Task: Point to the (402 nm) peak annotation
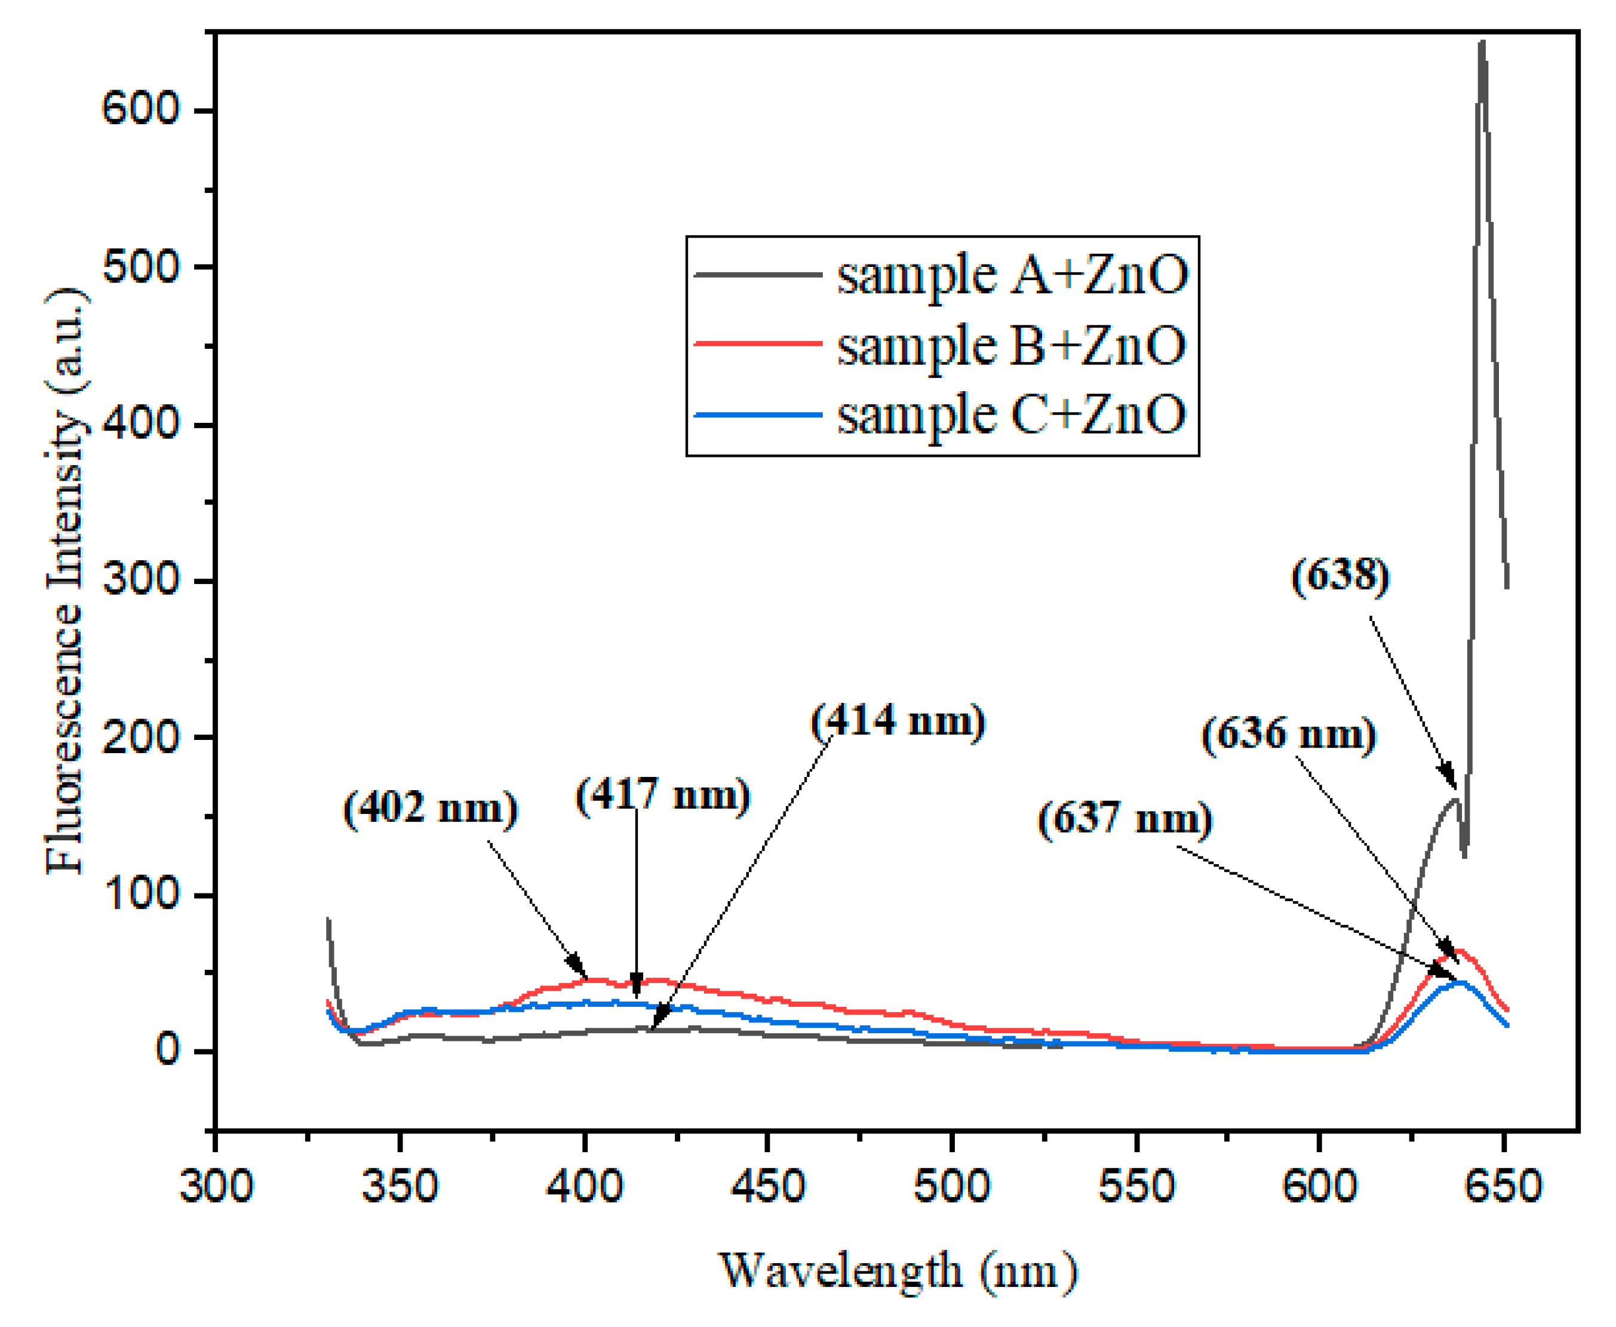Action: click(x=431, y=808)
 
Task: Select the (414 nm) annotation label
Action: click(x=898, y=720)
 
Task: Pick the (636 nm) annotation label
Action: click(x=1289, y=734)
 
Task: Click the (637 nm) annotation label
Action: click(x=1125, y=818)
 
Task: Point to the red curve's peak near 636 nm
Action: click(x=1458, y=952)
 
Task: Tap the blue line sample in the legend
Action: click(x=757, y=414)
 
